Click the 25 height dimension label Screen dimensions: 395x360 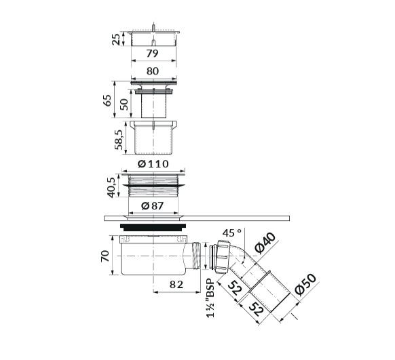(116, 39)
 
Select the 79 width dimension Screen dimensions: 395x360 (152, 54)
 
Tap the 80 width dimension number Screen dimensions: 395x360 (153, 71)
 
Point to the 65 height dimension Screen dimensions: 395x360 (107, 100)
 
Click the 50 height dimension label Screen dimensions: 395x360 (124, 104)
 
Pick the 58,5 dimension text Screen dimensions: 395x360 (119, 140)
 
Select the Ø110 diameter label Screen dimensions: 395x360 (153, 164)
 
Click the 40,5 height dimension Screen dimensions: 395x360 (111, 187)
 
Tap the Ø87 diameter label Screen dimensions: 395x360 (153, 206)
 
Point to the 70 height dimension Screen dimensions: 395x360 (105, 256)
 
